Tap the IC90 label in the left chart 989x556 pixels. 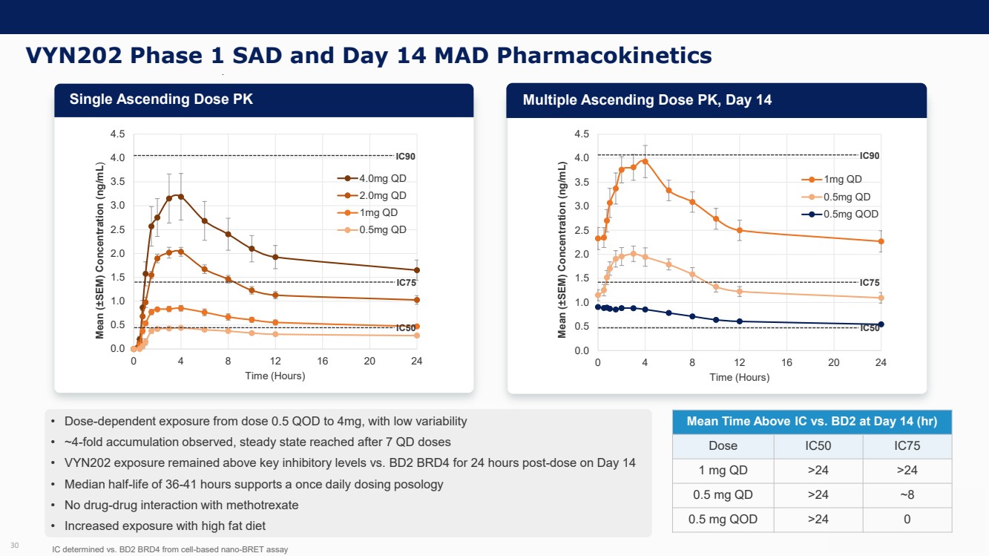[405, 157]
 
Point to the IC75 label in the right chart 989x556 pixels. [870, 283]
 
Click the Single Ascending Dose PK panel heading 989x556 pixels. [161, 99]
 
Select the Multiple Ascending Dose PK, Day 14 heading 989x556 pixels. [647, 100]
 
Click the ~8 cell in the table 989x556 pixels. [907, 494]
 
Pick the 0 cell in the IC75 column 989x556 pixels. [907, 519]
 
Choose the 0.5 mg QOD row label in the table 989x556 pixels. [723, 519]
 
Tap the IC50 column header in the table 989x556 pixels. [818, 445]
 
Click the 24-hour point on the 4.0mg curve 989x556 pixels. [417, 270]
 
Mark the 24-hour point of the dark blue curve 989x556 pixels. [881, 324]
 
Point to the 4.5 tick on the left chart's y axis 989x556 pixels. [117, 134]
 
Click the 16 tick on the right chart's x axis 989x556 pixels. [786, 363]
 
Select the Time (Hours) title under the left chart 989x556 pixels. [275, 376]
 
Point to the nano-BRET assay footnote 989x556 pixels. [170, 549]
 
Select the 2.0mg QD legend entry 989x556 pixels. [382, 196]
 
